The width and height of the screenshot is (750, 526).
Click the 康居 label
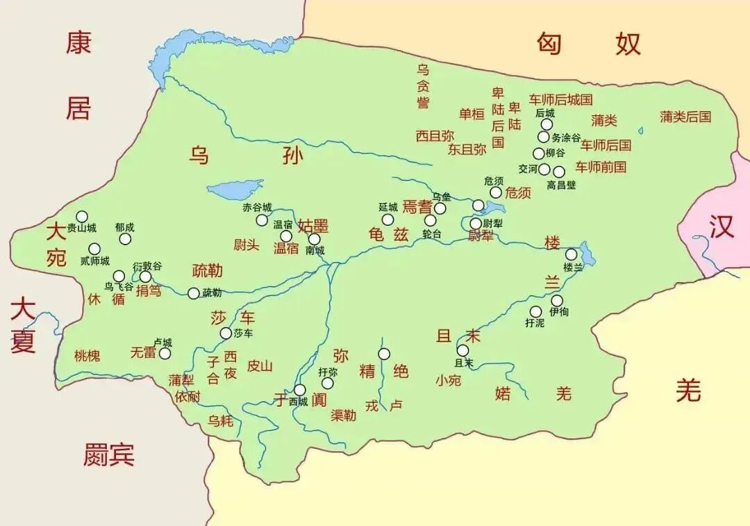pyautogui.click(x=78, y=76)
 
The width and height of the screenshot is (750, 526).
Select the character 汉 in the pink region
pyautogui.click(x=722, y=227)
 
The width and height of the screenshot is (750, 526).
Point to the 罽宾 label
pyautogui.click(x=109, y=454)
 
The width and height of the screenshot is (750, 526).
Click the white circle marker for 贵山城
pyautogui.click(x=82, y=216)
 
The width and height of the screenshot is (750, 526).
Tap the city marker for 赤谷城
pyautogui.click(x=262, y=220)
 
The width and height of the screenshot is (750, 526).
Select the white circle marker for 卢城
pyautogui.click(x=165, y=353)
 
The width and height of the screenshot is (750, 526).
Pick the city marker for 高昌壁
pyautogui.click(x=559, y=172)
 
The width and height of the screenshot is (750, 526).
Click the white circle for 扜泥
pyautogui.click(x=535, y=311)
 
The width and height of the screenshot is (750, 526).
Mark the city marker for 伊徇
pyautogui.click(x=557, y=300)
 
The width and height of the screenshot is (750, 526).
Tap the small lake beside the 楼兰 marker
pyautogui.click(x=587, y=254)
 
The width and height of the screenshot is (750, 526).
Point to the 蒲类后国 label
pyautogui.click(x=685, y=117)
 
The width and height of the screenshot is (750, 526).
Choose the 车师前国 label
pyautogui.click(x=601, y=167)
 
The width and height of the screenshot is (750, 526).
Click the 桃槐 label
pyautogui.click(x=87, y=356)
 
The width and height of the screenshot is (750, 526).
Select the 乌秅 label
pyautogui.click(x=221, y=420)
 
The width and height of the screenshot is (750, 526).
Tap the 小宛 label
pyautogui.click(x=448, y=380)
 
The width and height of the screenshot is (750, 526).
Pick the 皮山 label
pyautogui.click(x=260, y=365)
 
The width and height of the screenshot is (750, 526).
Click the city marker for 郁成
pyautogui.click(x=125, y=238)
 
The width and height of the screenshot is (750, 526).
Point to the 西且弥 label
pyautogui.click(x=435, y=135)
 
